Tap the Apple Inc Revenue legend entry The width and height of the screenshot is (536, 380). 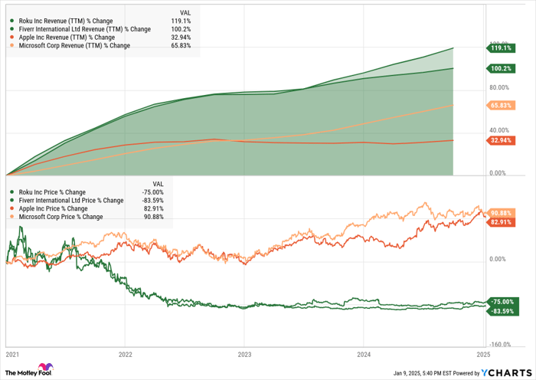62,37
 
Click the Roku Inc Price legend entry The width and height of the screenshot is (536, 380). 53,192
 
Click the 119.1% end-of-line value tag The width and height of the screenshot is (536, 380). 501,47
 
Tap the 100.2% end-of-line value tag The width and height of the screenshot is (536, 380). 501,68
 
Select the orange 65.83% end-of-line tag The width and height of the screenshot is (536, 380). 501,105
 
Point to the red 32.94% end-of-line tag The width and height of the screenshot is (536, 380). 501,140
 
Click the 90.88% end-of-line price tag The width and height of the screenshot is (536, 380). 501,212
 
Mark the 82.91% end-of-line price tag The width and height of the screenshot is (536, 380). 501,221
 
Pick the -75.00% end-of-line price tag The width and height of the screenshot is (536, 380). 501,302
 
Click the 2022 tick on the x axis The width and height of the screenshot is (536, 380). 126,355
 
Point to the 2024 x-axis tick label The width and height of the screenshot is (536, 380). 364,355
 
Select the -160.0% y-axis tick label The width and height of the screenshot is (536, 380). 501,345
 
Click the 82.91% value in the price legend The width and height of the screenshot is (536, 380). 154,208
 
